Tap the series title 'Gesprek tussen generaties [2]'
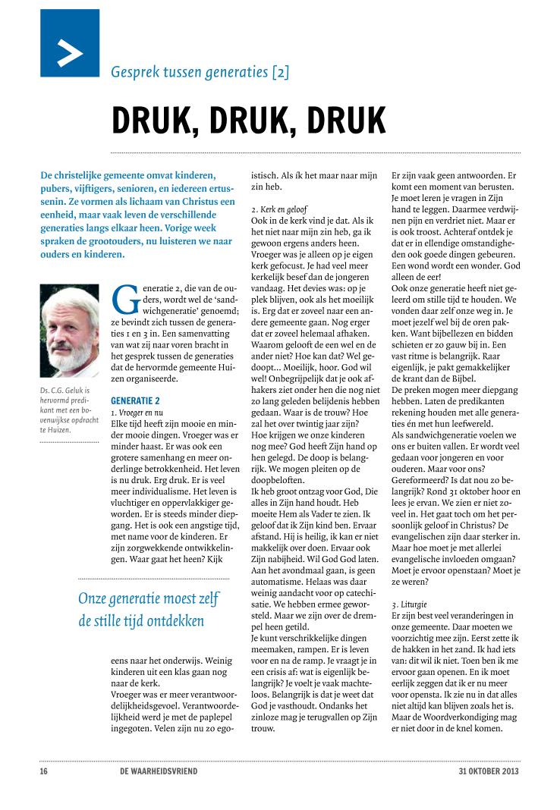pos(200,73)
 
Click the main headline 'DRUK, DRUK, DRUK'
pos(248,120)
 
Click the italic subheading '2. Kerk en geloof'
pos(278,207)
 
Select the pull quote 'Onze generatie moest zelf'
pos(149,598)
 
